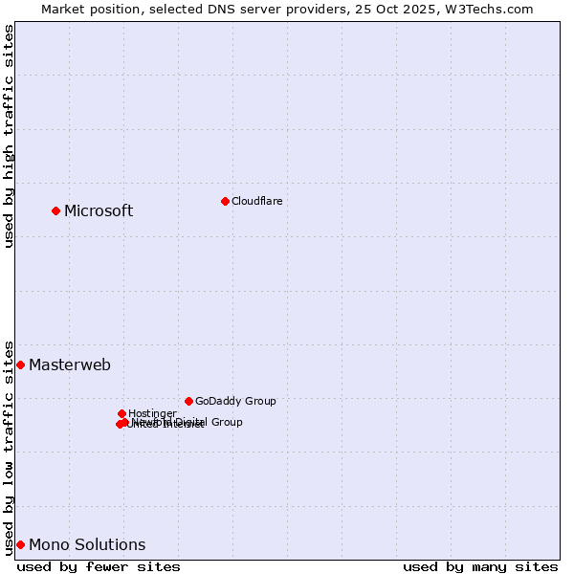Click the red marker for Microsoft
click(x=55, y=210)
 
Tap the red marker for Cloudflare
click(x=225, y=201)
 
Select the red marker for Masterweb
click(x=20, y=364)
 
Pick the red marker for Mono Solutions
click(x=20, y=544)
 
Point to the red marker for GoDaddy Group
click(x=188, y=401)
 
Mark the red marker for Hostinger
click(x=121, y=413)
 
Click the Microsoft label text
click(x=99, y=210)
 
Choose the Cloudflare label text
click(x=256, y=201)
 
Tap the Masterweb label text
click(x=70, y=364)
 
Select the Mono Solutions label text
click(x=87, y=544)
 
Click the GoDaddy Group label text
click(x=235, y=401)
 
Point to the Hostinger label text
click(x=152, y=413)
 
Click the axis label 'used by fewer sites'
click(x=99, y=566)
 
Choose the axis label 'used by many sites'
click(x=480, y=566)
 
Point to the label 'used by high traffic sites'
click(x=9, y=136)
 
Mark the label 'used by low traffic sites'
click(x=9, y=447)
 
